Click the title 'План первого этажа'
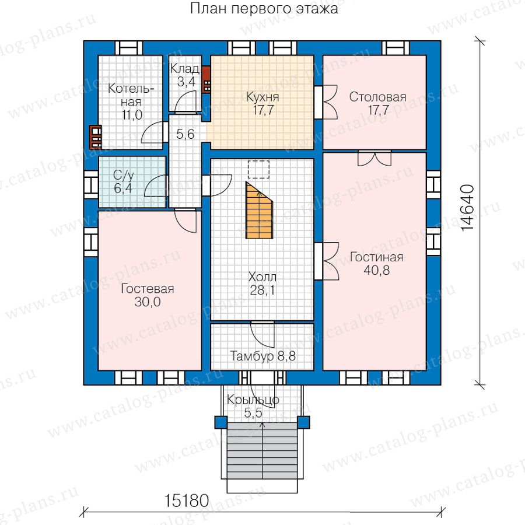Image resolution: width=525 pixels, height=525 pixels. click(x=264, y=9)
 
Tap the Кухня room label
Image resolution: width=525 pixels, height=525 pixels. click(x=262, y=97)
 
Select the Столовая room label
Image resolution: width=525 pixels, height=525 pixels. click(x=377, y=97)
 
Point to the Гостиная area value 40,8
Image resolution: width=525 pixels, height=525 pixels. click(x=377, y=270)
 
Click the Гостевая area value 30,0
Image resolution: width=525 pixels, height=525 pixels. click(x=148, y=302)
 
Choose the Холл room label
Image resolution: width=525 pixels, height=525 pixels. click(x=262, y=277)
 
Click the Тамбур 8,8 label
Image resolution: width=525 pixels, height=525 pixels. click(x=262, y=356)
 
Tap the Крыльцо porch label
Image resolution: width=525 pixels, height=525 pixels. click(x=253, y=400)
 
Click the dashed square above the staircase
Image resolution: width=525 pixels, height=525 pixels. click(x=258, y=169)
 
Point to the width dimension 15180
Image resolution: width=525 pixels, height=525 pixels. click(x=187, y=501)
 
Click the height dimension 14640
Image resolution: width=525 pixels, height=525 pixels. click(x=467, y=208)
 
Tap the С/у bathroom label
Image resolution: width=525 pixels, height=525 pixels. click(x=123, y=175)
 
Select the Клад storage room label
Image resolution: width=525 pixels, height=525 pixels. click(x=185, y=69)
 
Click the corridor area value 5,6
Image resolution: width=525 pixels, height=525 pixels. click(x=185, y=134)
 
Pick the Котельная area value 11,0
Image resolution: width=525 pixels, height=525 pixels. click(x=132, y=115)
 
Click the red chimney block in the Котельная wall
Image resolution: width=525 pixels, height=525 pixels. click(x=96, y=137)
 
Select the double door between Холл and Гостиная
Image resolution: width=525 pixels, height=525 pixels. click(x=327, y=261)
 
